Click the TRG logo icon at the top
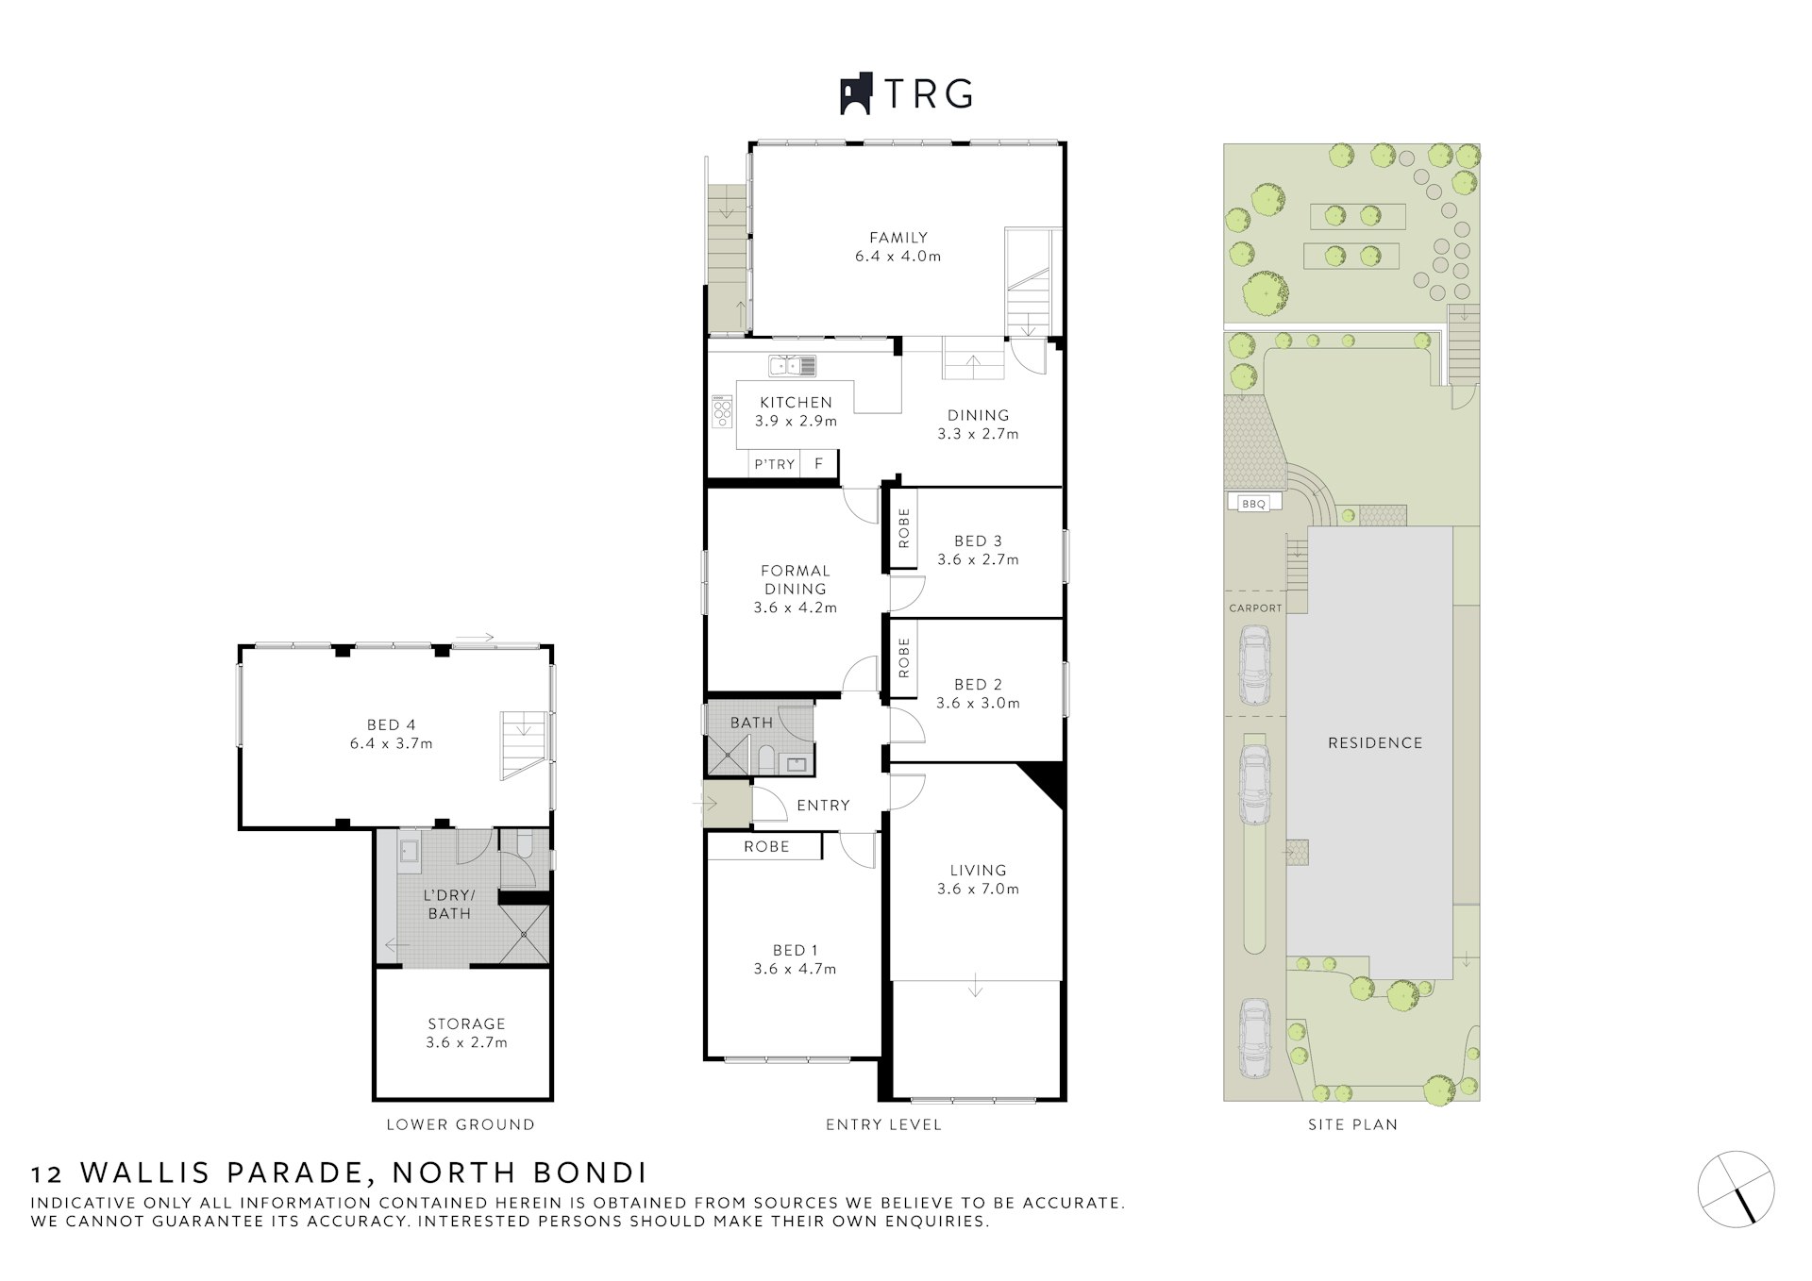(x=856, y=95)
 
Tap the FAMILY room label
(x=898, y=238)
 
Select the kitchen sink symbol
(x=792, y=365)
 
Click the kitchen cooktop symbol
(x=723, y=412)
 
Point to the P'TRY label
(x=774, y=464)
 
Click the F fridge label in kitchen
(x=819, y=463)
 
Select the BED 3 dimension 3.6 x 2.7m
(x=978, y=559)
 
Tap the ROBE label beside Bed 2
(x=904, y=657)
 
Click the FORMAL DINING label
(x=796, y=579)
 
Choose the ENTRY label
(x=823, y=806)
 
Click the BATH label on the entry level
(x=751, y=723)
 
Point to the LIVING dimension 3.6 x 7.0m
(x=978, y=889)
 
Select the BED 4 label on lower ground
(x=391, y=724)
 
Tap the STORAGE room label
(x=466, y=1023)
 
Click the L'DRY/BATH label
(x=449, y=904)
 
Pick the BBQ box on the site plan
(x=1253, y=504)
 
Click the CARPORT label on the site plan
(x=1255, y=608)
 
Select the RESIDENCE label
(x=1375, y=743)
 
